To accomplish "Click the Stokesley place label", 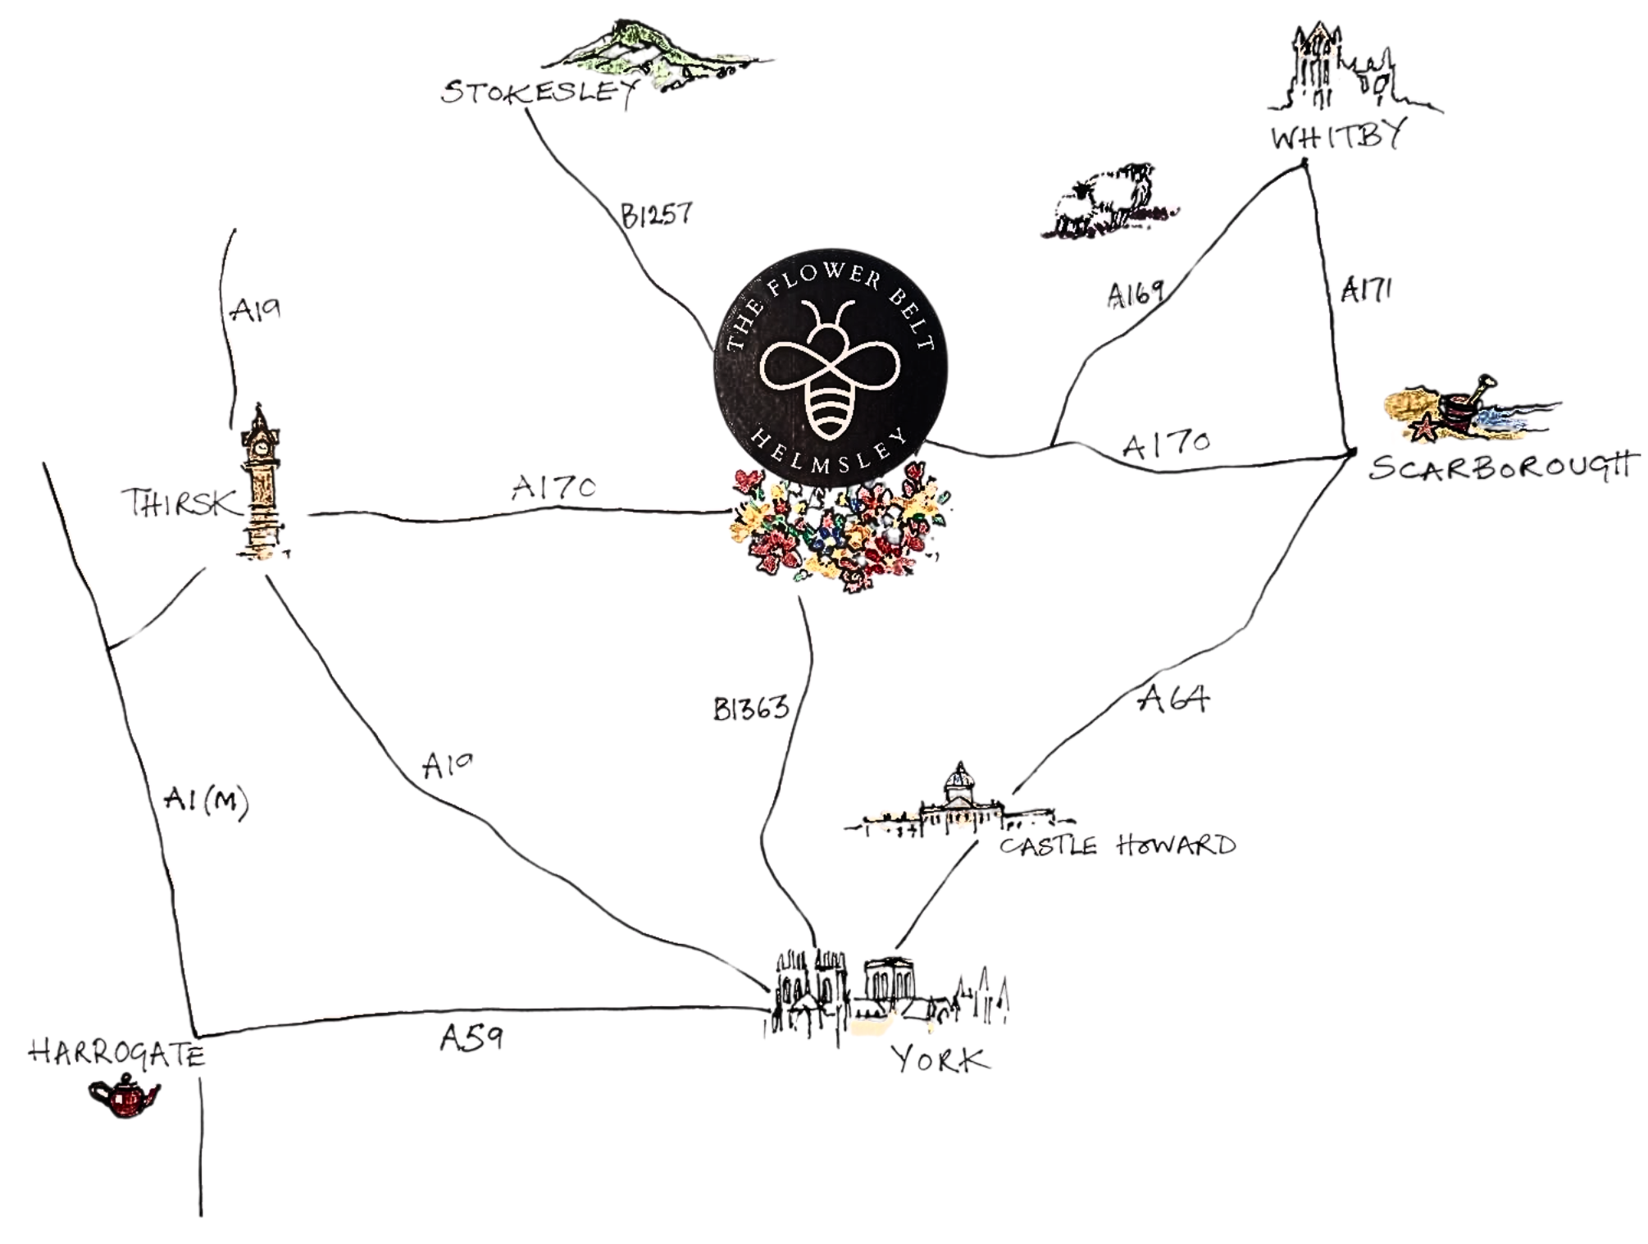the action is pyautogui.click(x=539, y=92).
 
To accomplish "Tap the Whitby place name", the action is pyautogui.click(x=1337, y=136).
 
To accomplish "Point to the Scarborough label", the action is pyautogui.click(x=1500, y=468).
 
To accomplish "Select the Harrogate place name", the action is pyautogui.click(x=116, y=1053).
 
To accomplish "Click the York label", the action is pyautogui.click(x=941, y=1060).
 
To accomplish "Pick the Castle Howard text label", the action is pyautogui.click(x=1118, y=845).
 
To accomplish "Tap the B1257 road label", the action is pyautogui.click(x=656, y=216).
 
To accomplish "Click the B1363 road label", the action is pyautogui.click(x=751, y=708).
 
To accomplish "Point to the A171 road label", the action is pyautogui.click(x=1366, y=290).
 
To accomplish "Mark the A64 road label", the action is pyautogui.click(x=1174, y=699).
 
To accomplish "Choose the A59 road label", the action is pyautogui.click(x=471, y=1038).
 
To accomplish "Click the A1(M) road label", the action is pyautogui.click(x=206, y=800).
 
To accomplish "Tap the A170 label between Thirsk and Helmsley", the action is pyautogui.click(x=553, y=488).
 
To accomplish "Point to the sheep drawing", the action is pyautogui.click(x=1103, y=199).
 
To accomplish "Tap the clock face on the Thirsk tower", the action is pyautogui.click(x=261, y=448).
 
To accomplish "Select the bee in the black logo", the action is pyautogui.click(x=830, y=370).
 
